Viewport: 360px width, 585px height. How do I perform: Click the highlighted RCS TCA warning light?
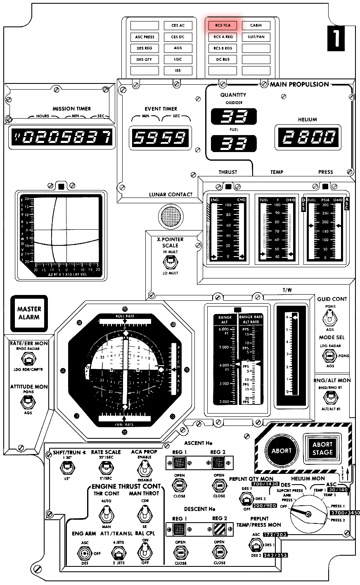point(223,26)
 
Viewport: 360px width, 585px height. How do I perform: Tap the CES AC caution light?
point(178,26)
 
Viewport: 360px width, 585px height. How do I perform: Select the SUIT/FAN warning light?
point(256,37)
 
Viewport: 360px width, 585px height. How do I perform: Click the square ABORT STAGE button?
point(322,449)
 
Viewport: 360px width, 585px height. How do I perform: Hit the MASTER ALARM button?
point(29,313)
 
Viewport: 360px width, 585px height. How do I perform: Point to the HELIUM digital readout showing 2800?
point(307,136)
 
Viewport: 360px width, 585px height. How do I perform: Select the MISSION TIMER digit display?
point(61,136)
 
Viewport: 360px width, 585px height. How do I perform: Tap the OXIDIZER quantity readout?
point(234,117)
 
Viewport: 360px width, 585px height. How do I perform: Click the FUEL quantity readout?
point(234,143)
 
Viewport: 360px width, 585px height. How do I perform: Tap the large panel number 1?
point(336,38)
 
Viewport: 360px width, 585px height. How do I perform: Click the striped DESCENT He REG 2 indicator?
point(219,530)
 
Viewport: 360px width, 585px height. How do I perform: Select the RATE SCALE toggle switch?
point(106,468)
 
